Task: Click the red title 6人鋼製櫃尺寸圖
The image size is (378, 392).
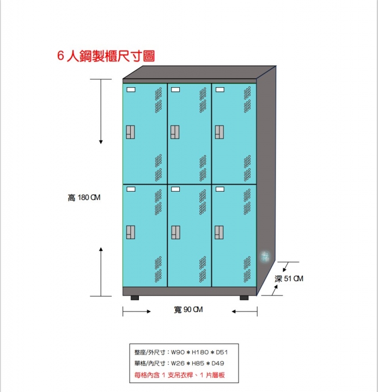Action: point(106,56)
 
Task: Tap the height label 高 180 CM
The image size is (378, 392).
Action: point(84,198)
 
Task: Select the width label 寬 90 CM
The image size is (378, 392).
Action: point(188,310)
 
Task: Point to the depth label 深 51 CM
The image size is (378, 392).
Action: point(289,279)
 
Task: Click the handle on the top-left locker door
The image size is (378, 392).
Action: point(130,132)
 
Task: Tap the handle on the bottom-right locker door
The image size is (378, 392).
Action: point(219,232)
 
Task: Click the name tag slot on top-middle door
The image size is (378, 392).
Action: point(175,89)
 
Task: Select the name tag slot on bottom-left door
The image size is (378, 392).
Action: point(131,189)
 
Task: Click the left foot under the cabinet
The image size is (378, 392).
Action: point(135,298)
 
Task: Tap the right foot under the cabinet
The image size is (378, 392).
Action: point(244,298)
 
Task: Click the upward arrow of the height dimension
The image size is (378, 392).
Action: point(101,272)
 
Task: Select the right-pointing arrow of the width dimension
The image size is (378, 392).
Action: point(137,311)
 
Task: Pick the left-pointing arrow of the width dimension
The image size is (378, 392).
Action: point(245,311)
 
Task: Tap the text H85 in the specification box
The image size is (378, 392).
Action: point(198,363)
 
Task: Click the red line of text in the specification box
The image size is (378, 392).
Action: point(179,375)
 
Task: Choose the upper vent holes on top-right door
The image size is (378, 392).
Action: point(247,100)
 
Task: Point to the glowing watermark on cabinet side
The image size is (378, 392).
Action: point(265,256)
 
